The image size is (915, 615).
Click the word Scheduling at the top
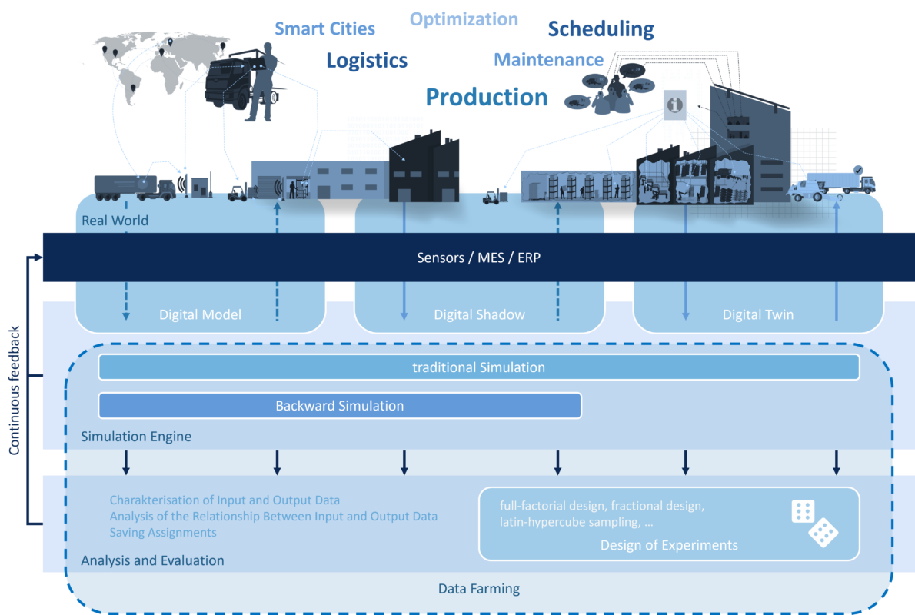pos(601,29)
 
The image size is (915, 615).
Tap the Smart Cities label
pos(324,28)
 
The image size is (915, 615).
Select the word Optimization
pos(464,19)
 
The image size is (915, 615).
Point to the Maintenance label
pos(548,59)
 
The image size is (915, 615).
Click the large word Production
pos(487,97)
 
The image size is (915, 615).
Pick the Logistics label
pos(367,61)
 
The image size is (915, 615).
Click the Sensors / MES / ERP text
pos(478,258)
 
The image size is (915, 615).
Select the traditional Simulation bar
pos(478,367)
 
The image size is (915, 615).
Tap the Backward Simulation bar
pos(340,406)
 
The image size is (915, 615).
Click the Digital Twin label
pos(758,314)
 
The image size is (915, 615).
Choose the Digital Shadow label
pos(479,314)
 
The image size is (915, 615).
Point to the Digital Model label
pos(200,314)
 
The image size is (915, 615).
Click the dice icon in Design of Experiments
pos(814,523)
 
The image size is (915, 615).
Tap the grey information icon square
pos(674,105)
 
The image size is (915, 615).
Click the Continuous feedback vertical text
pos(14,391)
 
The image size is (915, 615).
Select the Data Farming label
pos(478,589)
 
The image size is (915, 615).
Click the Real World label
pos(115,221)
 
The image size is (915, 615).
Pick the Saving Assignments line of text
pos(163,532)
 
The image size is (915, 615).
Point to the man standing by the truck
pos(261,81)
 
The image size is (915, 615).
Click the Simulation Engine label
pos(136,437)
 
